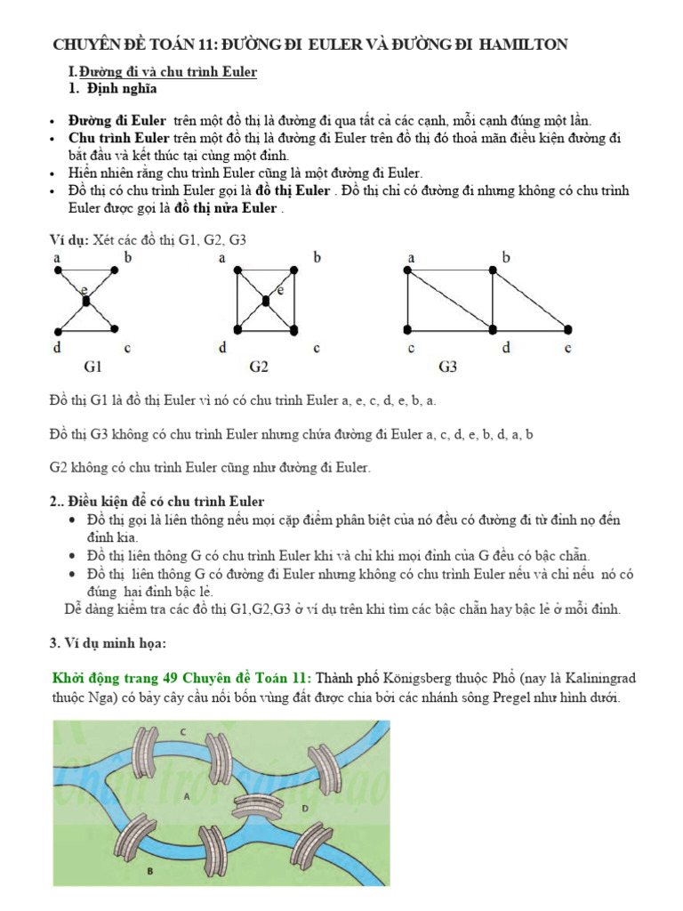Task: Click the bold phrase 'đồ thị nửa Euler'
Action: point(226,209)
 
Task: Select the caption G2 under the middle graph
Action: point(260,366)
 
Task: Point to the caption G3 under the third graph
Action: point(448,366)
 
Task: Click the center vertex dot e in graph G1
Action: point(86,302)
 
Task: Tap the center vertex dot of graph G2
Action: point(265,302)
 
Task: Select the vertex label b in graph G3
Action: point(506,258)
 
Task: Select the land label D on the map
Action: point(305,808)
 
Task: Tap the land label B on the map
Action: point(149,872)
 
